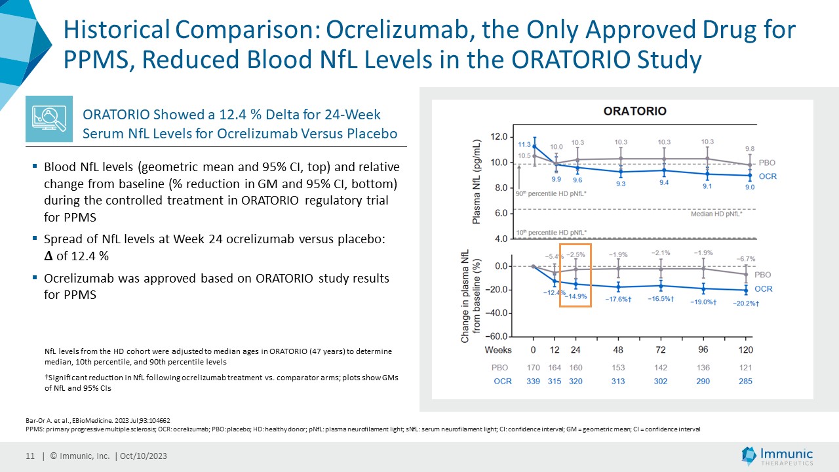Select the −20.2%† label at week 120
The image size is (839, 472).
[745, 304]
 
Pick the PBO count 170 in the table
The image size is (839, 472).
[534, 368]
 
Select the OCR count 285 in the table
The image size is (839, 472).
[745, 381]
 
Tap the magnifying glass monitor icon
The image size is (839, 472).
[49, 119]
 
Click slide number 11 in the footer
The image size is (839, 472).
[29, 456]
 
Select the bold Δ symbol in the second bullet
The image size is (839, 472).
[48, 255]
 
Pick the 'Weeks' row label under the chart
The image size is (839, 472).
[498, 349]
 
